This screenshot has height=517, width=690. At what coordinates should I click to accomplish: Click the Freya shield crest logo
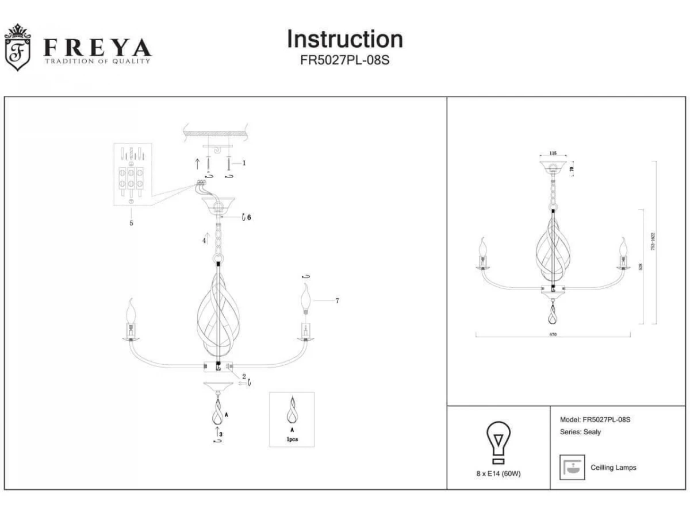17,48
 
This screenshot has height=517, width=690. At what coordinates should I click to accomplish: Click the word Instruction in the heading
345,39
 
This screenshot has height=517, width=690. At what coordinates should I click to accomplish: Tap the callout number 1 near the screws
244,163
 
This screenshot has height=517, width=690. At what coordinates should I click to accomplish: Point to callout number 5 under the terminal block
131,222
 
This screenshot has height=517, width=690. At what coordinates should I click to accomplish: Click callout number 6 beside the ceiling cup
250,217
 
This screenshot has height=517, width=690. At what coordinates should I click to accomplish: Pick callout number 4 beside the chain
204,241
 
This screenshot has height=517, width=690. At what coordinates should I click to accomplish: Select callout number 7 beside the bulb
338,300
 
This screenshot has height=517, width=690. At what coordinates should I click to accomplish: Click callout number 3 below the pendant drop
221,435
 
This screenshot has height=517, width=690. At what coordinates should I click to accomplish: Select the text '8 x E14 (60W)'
498,474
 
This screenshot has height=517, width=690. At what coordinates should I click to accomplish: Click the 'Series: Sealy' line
580,432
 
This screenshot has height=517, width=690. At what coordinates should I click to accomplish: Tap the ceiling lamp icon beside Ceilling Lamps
572,467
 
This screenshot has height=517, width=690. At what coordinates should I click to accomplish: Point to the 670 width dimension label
553,334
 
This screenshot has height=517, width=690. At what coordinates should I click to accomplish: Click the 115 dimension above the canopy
553,153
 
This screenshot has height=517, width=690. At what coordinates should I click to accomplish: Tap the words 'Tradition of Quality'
98,61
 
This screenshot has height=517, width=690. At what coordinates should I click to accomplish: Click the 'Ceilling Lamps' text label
613,468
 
